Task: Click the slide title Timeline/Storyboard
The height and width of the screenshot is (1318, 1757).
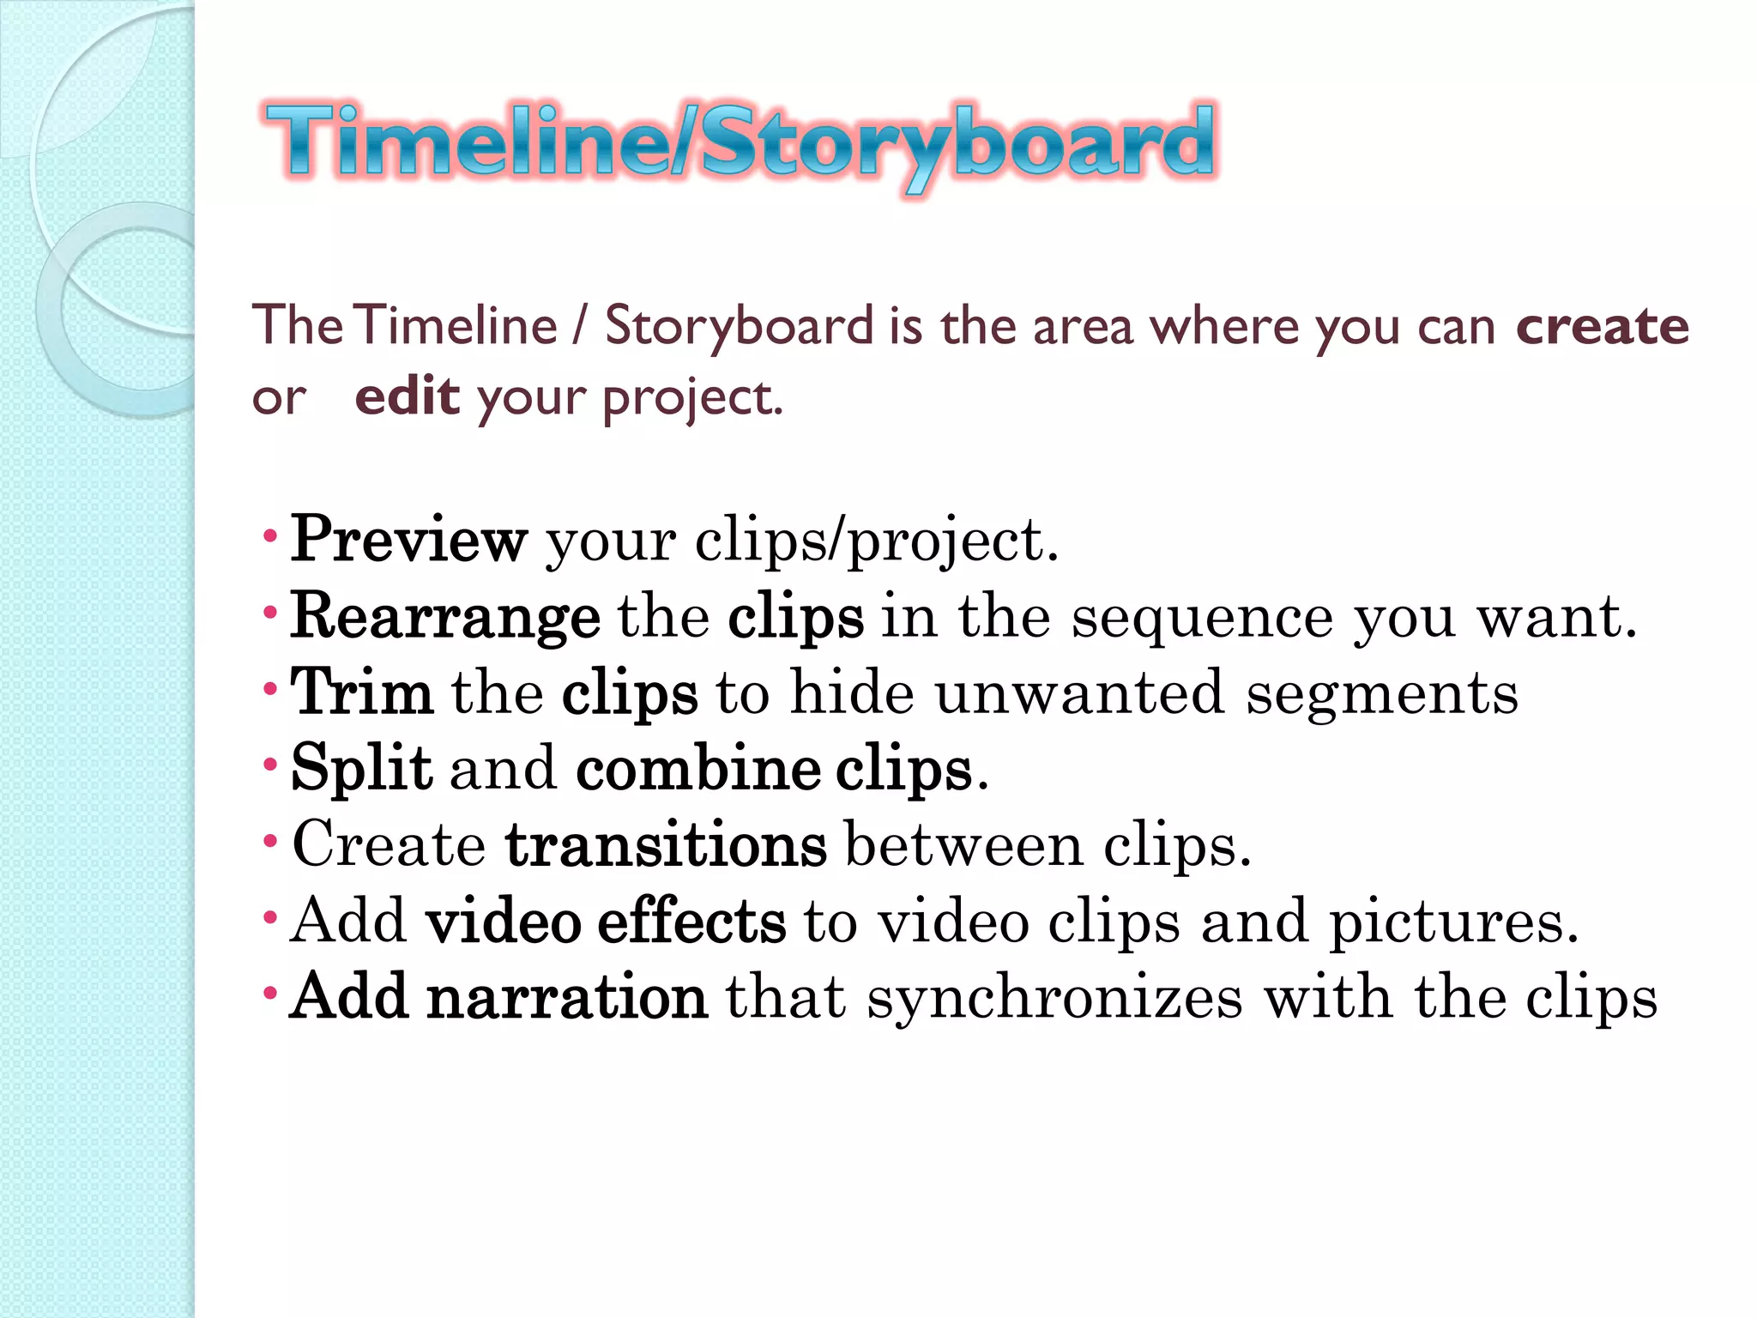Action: (x=740, y=142)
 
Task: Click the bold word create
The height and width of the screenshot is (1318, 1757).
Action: (x=1602, y=326)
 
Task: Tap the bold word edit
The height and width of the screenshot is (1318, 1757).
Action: (x=407, y=396)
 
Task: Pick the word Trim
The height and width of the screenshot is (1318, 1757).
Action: (x=361, y=692)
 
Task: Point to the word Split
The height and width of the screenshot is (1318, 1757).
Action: (x=361, y=768)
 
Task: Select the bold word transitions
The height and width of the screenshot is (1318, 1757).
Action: (x=666, y=844)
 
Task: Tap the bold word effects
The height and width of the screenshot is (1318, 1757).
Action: (x=691, y=921)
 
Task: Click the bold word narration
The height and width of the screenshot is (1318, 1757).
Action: (x=567, y=997)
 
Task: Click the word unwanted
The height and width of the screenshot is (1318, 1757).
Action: (x=1078, y=692)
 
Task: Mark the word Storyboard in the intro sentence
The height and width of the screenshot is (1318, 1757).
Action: (x=739, y=326)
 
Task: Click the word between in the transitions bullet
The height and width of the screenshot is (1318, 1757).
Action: (x=963, y=844)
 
